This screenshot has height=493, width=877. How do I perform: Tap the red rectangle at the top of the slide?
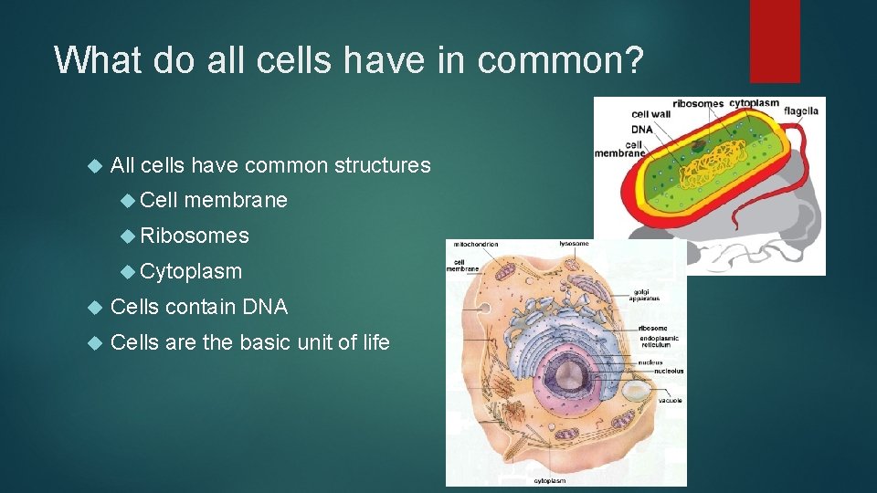pyautogui.click(x=774, y=40)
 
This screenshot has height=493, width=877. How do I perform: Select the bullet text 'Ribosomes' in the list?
pyautogui.click(x=195, y=236)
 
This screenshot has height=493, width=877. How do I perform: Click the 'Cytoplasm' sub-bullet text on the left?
pyautogui.click(x=191, y=271)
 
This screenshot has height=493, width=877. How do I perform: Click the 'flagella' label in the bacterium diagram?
pyautogui.click(x=799, y=111)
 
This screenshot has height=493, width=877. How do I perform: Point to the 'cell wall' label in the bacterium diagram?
pyautogui.click(x=650, y=114)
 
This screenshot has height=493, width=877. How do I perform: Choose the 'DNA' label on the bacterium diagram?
pyautogui.click(x=641, y=129)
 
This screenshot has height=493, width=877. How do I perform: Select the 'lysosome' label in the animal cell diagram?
pyautogui.click(x=574, y=244)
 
